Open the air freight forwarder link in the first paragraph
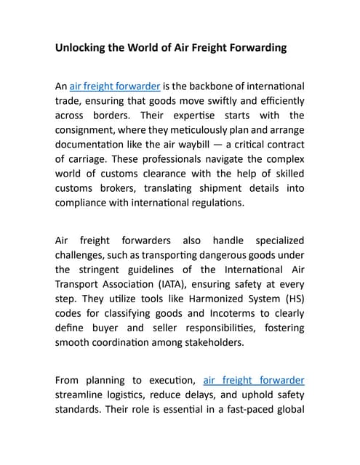(115, 86)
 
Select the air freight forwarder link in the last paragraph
(253, 380)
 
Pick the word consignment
(89, 131)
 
